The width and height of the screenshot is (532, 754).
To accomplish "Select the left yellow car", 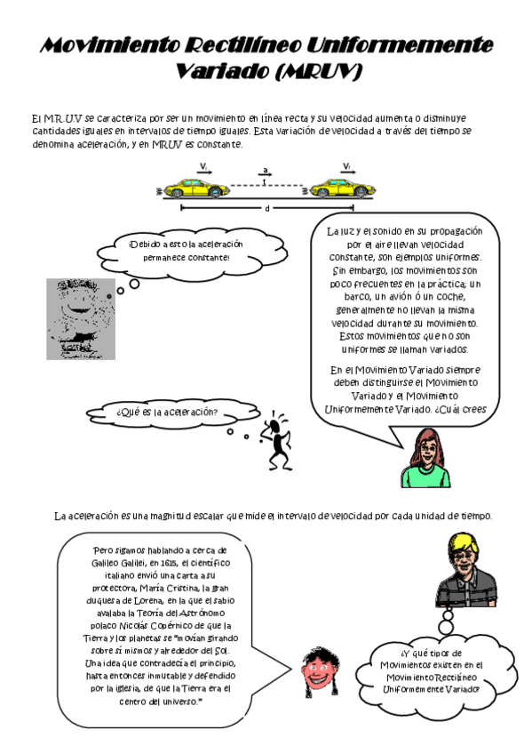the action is tap(195, 188).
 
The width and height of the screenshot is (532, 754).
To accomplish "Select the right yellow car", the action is tap(340, 188).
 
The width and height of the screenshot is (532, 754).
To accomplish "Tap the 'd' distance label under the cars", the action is tap(267, 210).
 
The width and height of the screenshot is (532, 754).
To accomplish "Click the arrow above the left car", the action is tap(204, 171).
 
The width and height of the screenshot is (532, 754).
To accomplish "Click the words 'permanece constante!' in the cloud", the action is tap(185, 258).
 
